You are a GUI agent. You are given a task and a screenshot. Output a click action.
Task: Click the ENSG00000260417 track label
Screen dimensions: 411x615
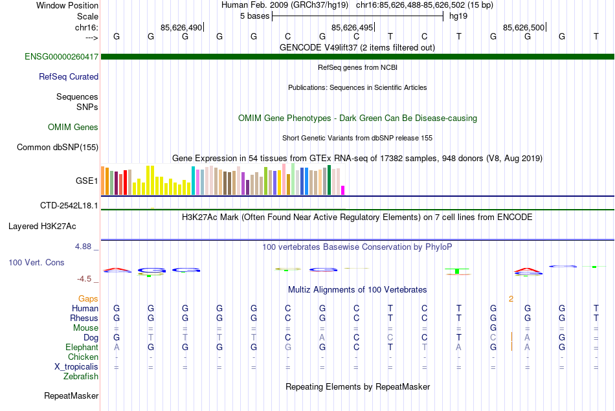pyautogui.click(x=61, y=57)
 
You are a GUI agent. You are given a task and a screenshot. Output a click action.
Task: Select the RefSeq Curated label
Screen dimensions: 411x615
pyautogui.click(x=69, y=76)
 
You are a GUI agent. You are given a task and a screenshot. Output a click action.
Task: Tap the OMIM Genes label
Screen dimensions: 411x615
pyautogui.click(x=73, y=127)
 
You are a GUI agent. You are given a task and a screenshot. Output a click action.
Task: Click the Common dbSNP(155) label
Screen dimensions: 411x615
pyautogui.click(x=58, y=147)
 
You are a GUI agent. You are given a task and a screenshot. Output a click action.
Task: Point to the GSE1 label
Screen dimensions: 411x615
pyautogui.click(x=87, y=181)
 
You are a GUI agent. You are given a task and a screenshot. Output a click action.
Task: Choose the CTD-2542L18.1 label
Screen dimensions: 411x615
pyautogui.click(x=69, y=205)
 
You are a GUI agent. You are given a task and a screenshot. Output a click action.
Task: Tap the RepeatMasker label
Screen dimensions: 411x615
pyautogui.click(x=71, y=395)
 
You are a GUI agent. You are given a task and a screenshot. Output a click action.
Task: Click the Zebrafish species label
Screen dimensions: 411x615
pyautogui.click(x=81, y=376)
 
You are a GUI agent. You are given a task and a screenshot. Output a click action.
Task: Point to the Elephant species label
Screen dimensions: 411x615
pyautogui.click(x=82, y=348)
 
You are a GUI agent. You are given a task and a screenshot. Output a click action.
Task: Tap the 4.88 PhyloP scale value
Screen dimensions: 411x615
pyautogui.click(x=85, y=247)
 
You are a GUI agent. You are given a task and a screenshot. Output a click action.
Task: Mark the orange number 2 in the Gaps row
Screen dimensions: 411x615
pyautogui.click(x=511, y=298)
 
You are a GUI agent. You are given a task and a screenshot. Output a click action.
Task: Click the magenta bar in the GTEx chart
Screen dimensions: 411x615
pyautogui.click(x=343, y=190)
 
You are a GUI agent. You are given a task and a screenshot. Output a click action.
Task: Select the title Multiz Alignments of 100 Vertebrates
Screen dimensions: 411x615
pyautogui.click(x=357, y=289)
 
